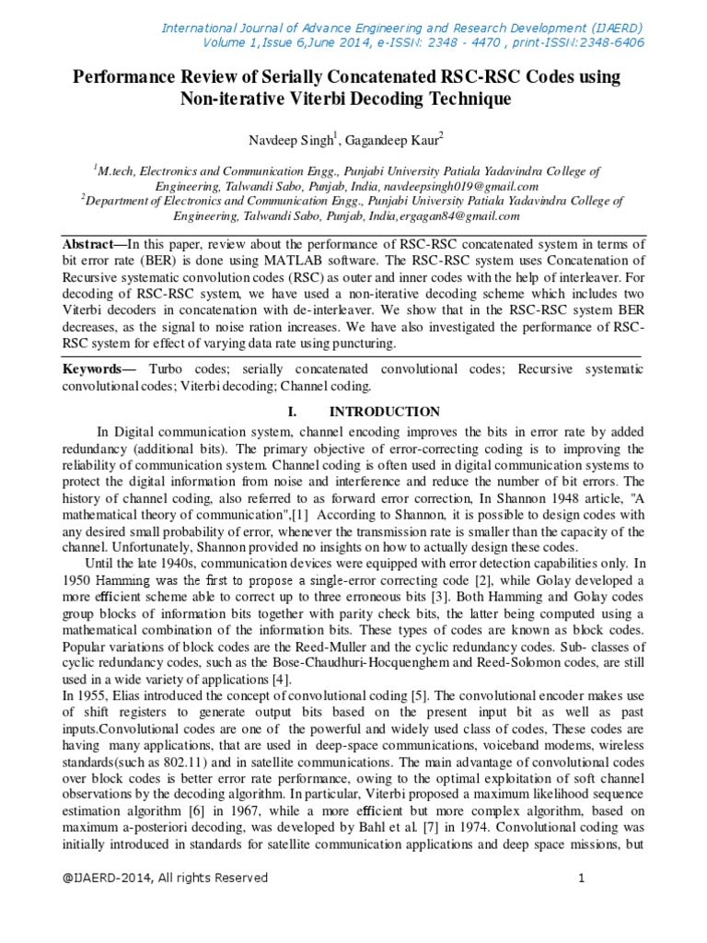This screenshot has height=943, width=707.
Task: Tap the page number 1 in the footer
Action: (x=582, y=878)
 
